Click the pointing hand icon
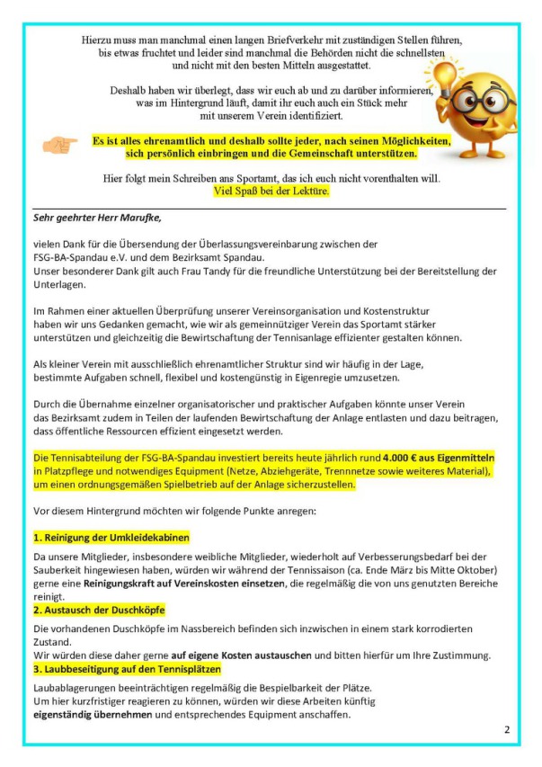pos(60,145)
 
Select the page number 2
pos(507,729)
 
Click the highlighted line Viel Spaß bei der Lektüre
pos(271,191)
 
